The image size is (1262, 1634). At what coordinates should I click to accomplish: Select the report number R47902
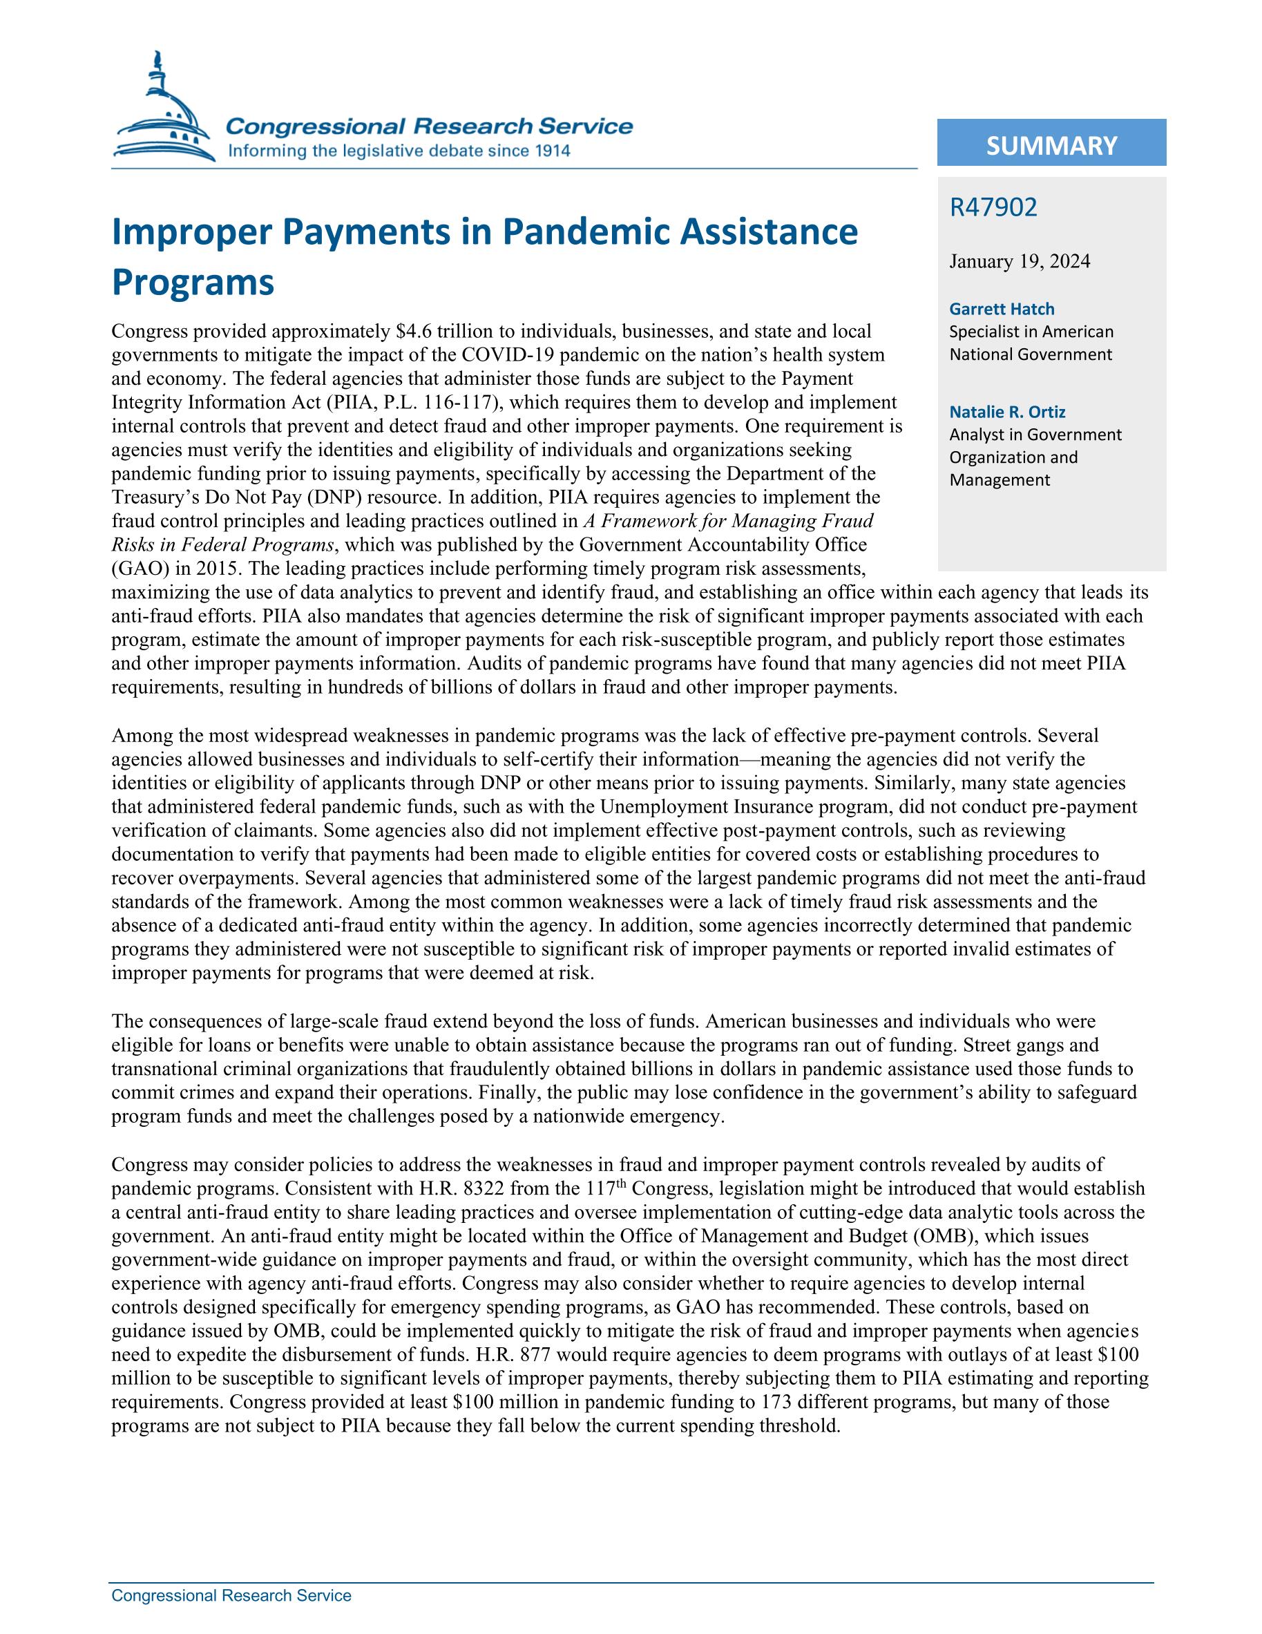pos(993,207)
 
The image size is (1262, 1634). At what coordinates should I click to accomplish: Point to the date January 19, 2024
pos(1019,261)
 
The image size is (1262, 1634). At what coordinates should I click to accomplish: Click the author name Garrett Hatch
pos(1002,308)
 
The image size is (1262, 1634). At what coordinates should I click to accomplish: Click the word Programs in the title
pos(192,282)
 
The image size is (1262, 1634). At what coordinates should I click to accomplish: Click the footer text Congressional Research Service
pos(231,1596)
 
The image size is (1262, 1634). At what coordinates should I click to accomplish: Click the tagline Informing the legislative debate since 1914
pos(399,151)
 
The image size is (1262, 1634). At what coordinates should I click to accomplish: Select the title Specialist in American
pos(1031,332)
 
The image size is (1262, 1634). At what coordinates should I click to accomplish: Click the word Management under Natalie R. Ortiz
pos(1000,480)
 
